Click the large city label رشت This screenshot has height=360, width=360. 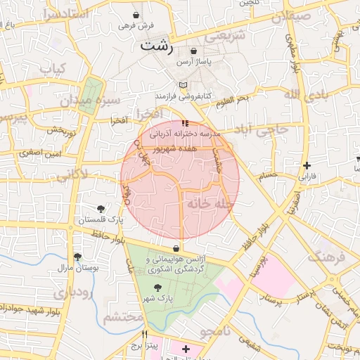coord(156,46)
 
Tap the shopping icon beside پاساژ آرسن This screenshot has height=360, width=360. coord(193,51)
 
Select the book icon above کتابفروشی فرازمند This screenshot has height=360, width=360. coord(183,84)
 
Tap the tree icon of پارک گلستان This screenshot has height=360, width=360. coord(101,208)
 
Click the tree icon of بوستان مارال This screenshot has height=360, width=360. coord(77,257)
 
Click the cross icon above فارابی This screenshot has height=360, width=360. coord(307,166)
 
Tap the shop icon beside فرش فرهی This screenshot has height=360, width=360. coord(136,14)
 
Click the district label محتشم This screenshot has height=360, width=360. coord(124,318)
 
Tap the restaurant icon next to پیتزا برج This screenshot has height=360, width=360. coord(145,335)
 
